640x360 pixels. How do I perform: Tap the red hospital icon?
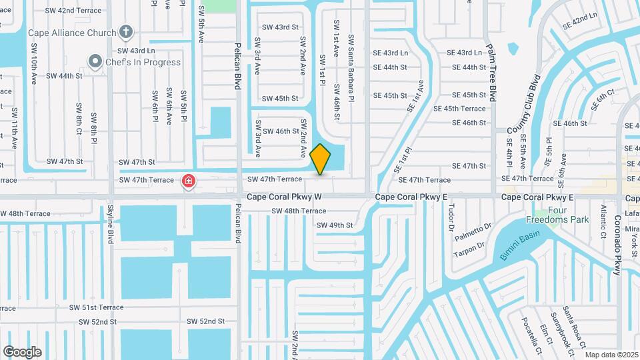pos(189,181)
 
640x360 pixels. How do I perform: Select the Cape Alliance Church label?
pos(72,32)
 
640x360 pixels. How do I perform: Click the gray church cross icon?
pos(125,32)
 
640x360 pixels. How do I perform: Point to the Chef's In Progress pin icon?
pos(95,62)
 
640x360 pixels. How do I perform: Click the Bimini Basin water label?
pos(519,246)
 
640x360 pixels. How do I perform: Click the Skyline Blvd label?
pos(111,224)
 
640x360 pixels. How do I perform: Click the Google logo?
pos(22,351)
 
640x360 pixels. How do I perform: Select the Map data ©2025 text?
pos(611,355)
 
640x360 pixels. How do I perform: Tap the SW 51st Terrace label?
pos(97,307)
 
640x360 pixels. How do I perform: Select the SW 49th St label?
pos(334,225)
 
